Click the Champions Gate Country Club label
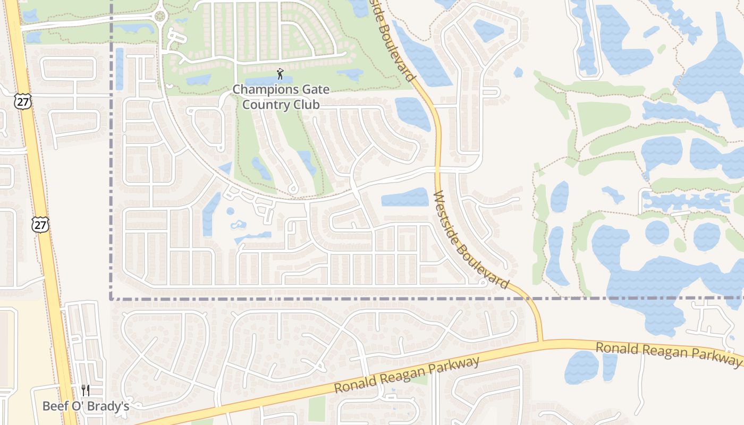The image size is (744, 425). (281, 97)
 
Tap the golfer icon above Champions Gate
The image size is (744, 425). (281, 74)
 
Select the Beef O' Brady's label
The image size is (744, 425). (86, 406)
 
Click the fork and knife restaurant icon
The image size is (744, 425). (86, 391)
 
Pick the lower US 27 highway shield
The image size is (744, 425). (40, 224)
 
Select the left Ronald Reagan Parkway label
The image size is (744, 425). (407, 375)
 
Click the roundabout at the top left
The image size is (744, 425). (159, 16)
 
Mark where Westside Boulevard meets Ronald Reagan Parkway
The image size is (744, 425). (540, 342)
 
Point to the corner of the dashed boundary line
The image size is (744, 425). (111, 299)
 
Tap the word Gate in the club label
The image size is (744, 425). (315, 89)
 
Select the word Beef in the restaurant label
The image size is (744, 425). (55, 406)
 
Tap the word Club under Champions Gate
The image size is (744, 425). (305, 105)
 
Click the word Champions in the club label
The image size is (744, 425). (264, 89)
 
